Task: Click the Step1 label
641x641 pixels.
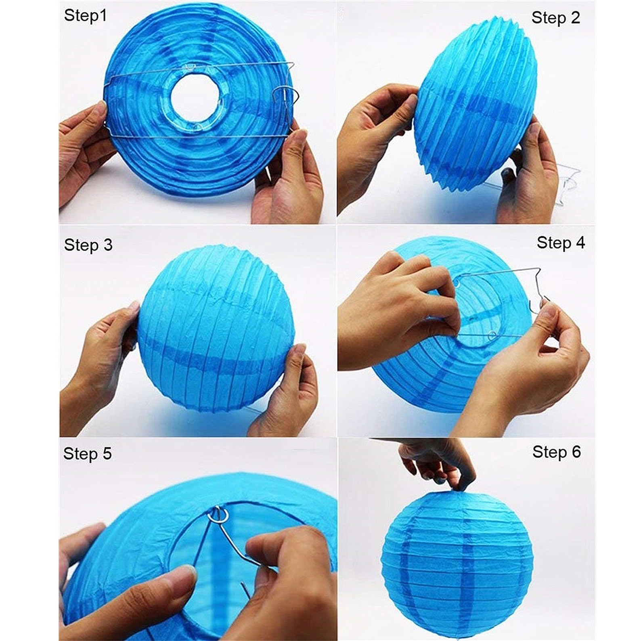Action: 85,16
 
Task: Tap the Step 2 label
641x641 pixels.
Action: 555,18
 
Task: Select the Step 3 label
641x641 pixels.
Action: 88,245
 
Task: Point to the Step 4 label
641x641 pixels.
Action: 561,243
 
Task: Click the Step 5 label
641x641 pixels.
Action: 87,453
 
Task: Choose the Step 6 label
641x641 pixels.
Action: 556,452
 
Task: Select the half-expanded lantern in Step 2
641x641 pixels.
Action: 476,109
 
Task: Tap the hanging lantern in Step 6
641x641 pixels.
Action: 456,561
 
